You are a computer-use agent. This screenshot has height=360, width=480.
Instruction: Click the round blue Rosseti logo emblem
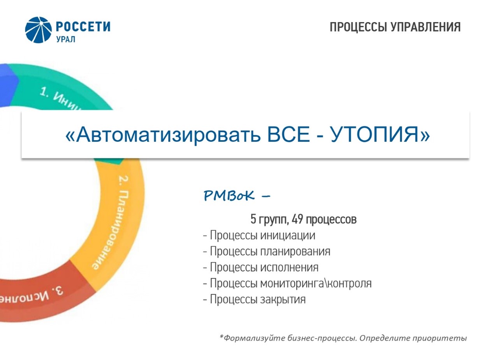pos(38,30)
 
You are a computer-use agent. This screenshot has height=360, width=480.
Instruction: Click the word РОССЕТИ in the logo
pos(83,26)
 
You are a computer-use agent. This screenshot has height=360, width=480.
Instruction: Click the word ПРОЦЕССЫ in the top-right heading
pos(359,27)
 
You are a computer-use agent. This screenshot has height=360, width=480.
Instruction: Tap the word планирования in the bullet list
pos(295,252)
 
